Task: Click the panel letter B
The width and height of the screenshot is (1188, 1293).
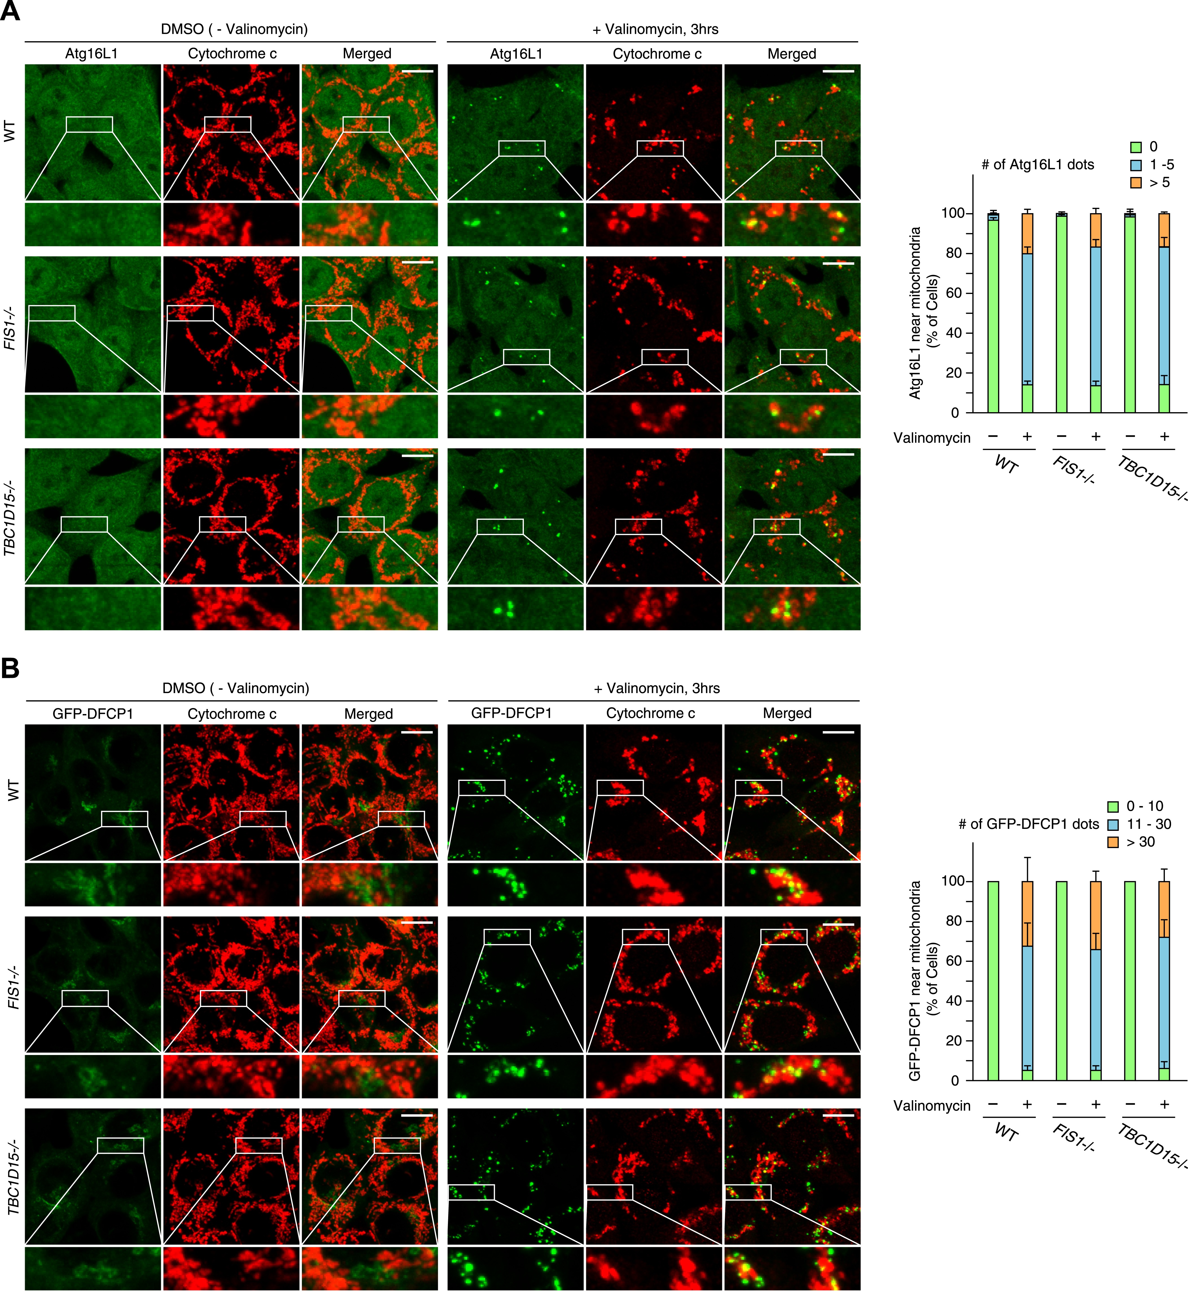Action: point(10,669)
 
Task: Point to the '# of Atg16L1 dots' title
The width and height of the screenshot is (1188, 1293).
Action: point(1038,165)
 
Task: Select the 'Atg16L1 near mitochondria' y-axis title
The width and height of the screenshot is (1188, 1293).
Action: point(915,313)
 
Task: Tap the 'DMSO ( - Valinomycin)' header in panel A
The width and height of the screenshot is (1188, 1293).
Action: point(234,29)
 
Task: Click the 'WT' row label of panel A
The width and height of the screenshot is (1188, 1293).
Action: point(10,132)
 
